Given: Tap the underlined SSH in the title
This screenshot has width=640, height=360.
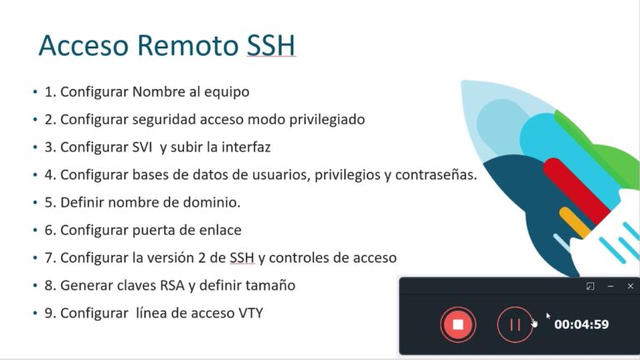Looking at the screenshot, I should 271,46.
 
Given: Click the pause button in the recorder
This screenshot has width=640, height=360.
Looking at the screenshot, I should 514,324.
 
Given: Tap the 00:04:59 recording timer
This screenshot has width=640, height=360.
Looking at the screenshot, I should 582,325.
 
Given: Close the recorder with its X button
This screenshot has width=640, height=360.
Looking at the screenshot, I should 630,286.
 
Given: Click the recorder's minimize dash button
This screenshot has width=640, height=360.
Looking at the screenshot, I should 610,286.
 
